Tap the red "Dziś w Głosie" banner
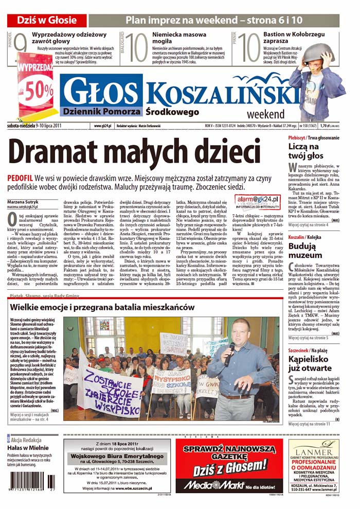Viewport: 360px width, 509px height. tap(47, 21)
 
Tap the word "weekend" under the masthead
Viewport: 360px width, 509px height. tap(265, 114)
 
